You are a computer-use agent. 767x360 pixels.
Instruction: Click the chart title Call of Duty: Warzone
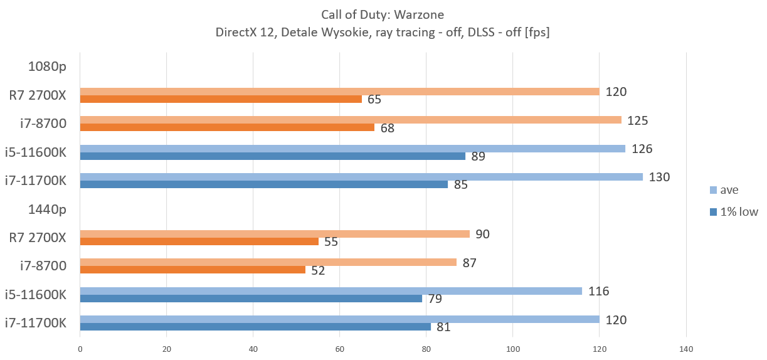(383, 14)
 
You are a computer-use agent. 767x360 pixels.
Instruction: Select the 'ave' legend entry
(729, 190)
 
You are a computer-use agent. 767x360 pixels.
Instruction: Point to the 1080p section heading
(47, 66)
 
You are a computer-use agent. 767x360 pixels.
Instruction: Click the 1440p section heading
(47, 209)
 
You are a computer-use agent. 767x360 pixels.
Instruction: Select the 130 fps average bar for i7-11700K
(361, 177)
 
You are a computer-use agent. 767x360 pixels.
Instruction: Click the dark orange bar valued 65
(221, 99)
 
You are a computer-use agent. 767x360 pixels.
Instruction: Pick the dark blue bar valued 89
(273, 156)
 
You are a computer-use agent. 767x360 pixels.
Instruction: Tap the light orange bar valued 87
(268, 262)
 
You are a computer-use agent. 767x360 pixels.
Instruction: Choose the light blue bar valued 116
(331, 291)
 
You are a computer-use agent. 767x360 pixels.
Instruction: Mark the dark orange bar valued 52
(193, 270)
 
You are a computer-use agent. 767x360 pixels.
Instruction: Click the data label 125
(637, 120)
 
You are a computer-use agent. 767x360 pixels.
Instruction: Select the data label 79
(435, 299)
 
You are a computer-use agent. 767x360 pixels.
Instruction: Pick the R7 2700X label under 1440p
(38, 237)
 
